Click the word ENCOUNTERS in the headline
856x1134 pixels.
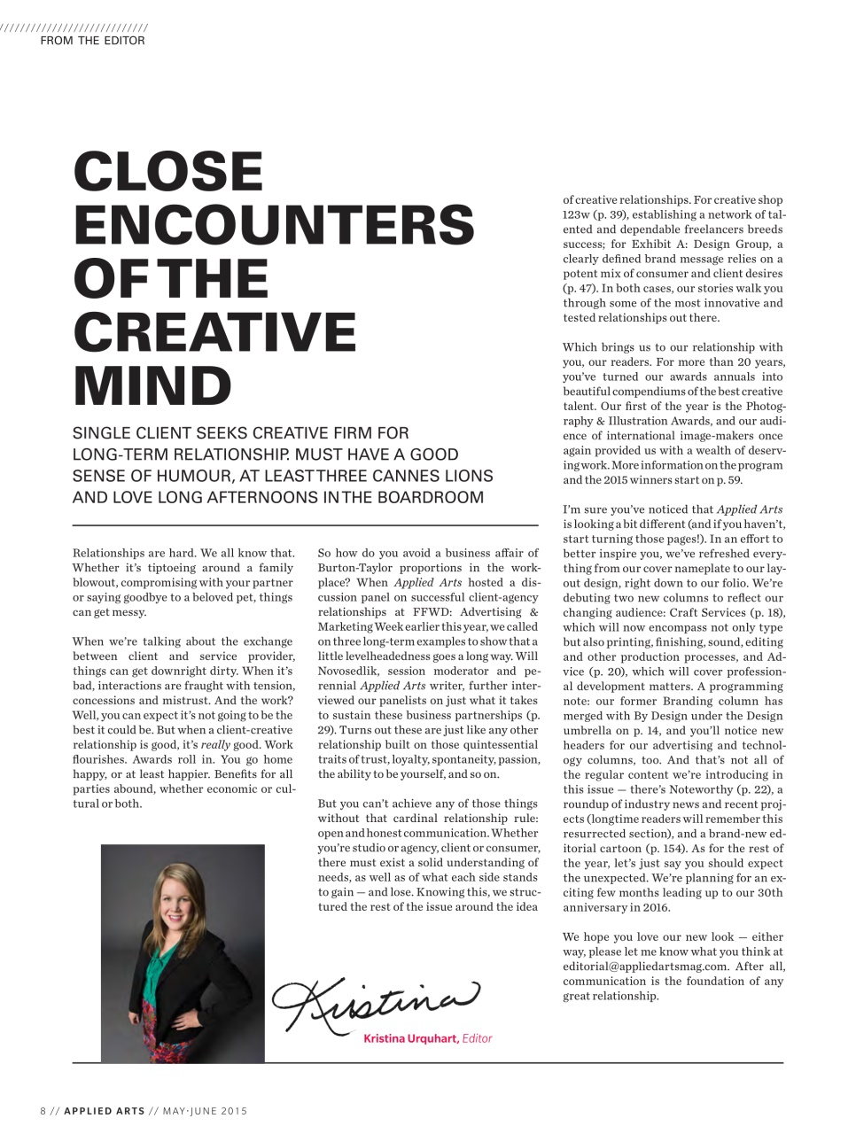click(x=274, y=225)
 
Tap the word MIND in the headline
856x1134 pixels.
click(x=152, y=385)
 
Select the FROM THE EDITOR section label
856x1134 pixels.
click(x=92, y=41)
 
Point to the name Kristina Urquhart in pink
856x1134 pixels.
click(x=410, y=1038)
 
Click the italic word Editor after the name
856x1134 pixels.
click(x=477, y=1038)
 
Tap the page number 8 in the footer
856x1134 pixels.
click(x=43, y=1111)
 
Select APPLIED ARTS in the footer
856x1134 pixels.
click(x=104, y=1111)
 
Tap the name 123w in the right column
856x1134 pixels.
click(x=576, y=214)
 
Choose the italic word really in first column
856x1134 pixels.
click(x=215, y=745)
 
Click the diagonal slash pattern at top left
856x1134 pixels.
click(x=74, y=27)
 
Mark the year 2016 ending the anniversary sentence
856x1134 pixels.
click(x=657, y=907)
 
